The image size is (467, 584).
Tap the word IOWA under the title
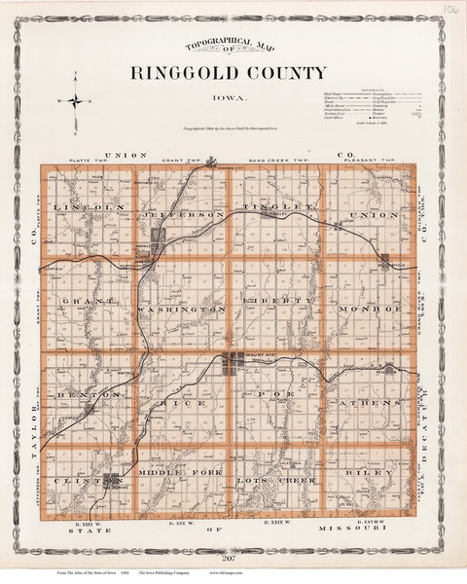click(231, 97)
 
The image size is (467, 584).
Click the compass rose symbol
click(72, 98)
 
